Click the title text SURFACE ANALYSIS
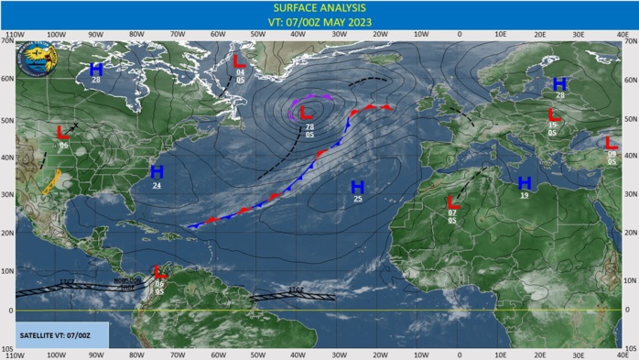coord(319,8)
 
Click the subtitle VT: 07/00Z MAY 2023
coord(319,23)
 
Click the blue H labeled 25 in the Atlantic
coord(358,188)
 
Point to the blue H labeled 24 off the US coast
coord(157,171)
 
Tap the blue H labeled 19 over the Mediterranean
coord(525,182)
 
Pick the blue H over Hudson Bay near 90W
coord(96,69)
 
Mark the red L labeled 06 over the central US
coord(63,133)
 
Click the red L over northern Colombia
coord(159,271)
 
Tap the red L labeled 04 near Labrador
coord(239,61)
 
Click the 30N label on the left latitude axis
coord(8,195)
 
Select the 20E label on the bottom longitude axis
coord(540,353)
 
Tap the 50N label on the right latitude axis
coord(630,119)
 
